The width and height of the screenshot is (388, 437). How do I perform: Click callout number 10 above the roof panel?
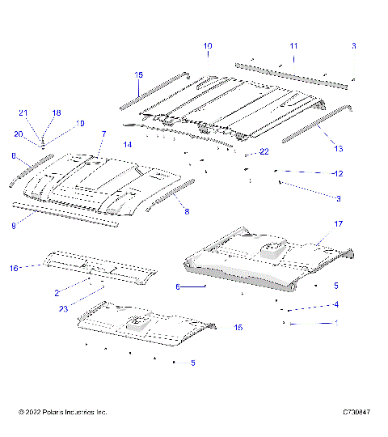(x=208, y=46)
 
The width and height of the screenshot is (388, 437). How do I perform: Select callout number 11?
(x=293, y=46)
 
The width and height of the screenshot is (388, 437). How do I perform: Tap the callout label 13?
(x=338, y=148)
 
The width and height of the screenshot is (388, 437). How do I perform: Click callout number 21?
(x=23, y=112)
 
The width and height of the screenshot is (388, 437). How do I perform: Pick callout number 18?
(x=57, y=112)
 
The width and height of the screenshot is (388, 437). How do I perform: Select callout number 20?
(x=18, y=134)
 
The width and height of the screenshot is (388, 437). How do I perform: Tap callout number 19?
(x=80, y=123)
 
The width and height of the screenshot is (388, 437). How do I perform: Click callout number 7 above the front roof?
(x=103, y=133)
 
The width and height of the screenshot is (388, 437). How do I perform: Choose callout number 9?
(x=14, y=226)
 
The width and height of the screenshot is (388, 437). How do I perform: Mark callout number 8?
(x=187, y=212)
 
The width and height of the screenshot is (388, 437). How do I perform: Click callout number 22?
(x=264, y=151)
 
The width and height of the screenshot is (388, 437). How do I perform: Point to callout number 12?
(x=338, y=173)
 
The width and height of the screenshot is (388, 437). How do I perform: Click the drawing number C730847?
(x=355, y=412)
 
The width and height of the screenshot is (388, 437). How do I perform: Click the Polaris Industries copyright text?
(x=62, y=412)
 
